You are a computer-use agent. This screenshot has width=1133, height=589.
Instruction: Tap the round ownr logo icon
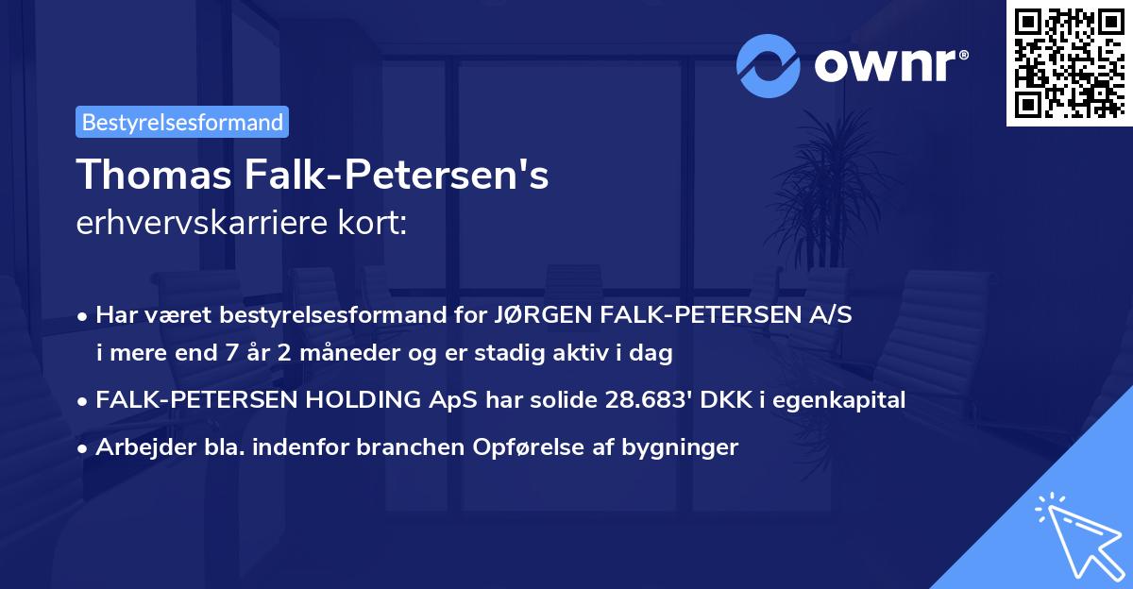pyautogui.click(x=769, y=65)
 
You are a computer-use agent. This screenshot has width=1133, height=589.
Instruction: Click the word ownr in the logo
pyautogui.click(x=888, y=64)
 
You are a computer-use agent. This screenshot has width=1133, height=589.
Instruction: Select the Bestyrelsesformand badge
pyautogui.click(x=182, y=122)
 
